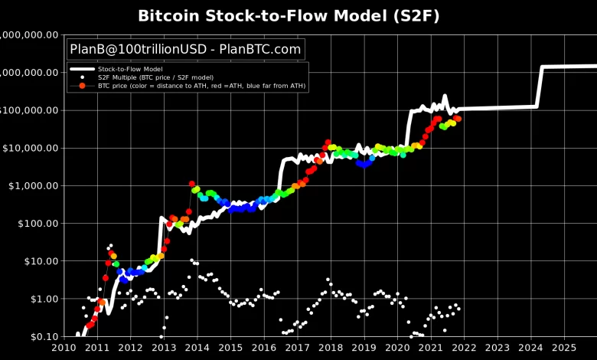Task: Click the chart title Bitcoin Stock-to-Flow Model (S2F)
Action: (x=299, y=15)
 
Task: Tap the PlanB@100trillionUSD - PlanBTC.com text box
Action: (x=186, y=50)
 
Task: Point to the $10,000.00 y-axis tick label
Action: (x=30, y=148)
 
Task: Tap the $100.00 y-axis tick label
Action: (x=35, y=224)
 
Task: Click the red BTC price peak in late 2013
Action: (x=191, y=184)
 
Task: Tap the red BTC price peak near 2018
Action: (x=328, y=142)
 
